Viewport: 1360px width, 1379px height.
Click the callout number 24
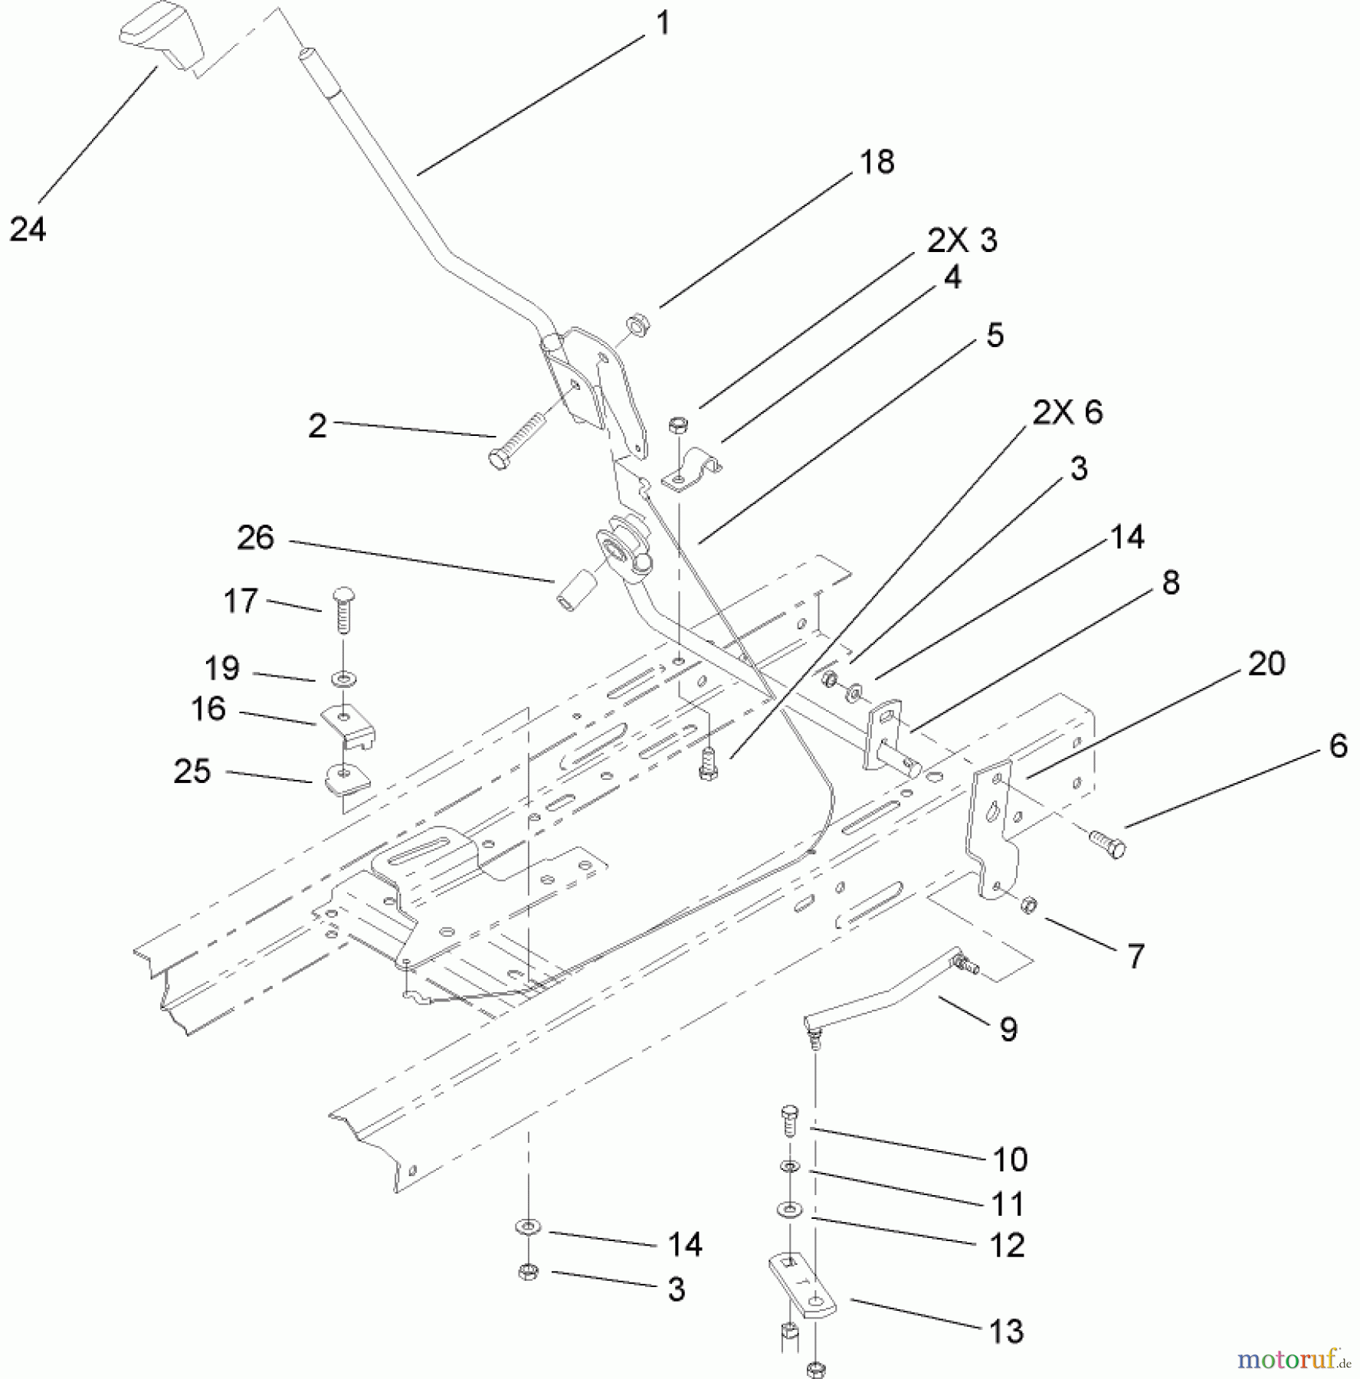pos(28,229)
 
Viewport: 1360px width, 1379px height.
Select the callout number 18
pos(877,162)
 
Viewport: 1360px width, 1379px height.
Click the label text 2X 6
pos(1067,412)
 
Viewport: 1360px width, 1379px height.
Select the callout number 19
pos(222,668)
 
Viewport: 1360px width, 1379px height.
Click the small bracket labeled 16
pos(347,726)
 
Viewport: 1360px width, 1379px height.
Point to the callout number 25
pos(192,771)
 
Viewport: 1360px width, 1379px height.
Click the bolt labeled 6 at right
pos(1108,844)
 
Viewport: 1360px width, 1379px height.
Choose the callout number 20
pos(1266,663)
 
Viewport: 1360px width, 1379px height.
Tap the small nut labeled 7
pos(1030,905)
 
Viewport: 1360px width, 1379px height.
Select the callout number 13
pos(1006,1331)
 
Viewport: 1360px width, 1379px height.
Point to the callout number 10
pos(1009,1159)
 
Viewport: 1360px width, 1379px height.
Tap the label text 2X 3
pos(962,241)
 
